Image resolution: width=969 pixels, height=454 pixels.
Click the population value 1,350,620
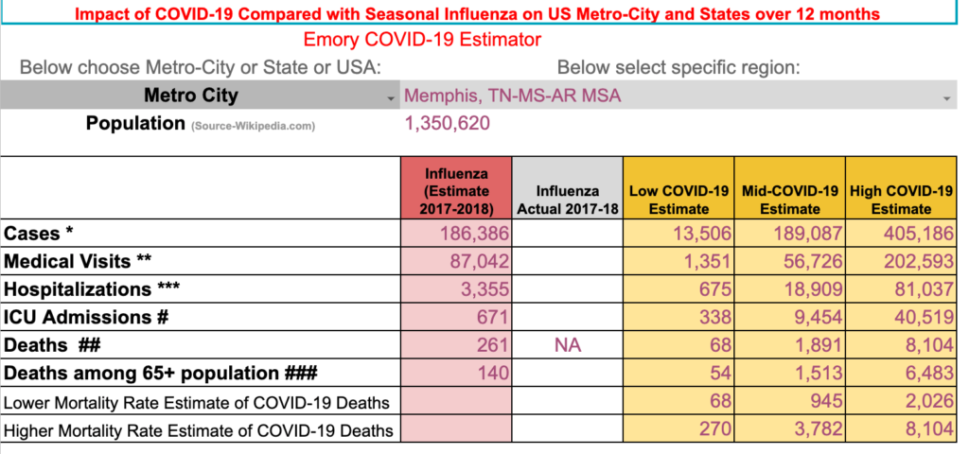(x=447, y=124)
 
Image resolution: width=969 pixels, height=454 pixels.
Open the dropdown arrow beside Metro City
(x=390, y=98)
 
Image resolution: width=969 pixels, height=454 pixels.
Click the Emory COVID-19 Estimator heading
(x=422, y=40)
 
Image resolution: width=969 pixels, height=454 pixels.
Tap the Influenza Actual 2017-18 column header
(x=568, y=201)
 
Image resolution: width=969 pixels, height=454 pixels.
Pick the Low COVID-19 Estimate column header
(x=678, y=201)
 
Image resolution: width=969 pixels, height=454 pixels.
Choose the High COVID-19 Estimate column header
(x=901, y=201)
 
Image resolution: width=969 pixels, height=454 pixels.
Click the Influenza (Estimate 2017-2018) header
(x=456, y=191)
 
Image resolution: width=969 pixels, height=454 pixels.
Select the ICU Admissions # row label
(x=86, y=317)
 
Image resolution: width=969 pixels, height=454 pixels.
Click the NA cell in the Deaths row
(x=568, y=345)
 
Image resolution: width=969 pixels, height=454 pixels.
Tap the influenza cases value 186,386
(x=474, y=234)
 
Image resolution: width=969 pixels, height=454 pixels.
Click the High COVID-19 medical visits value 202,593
(x=918, y=261)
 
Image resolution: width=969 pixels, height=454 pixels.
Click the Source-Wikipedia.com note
(x=253, y=127)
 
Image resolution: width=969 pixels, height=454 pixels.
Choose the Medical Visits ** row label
(x=78, y=261)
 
